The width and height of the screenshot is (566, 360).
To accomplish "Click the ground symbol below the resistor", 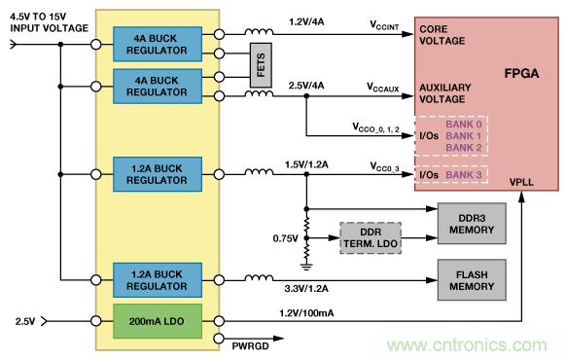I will [306, 259].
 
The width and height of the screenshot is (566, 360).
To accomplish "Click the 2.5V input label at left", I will [25, 319].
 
